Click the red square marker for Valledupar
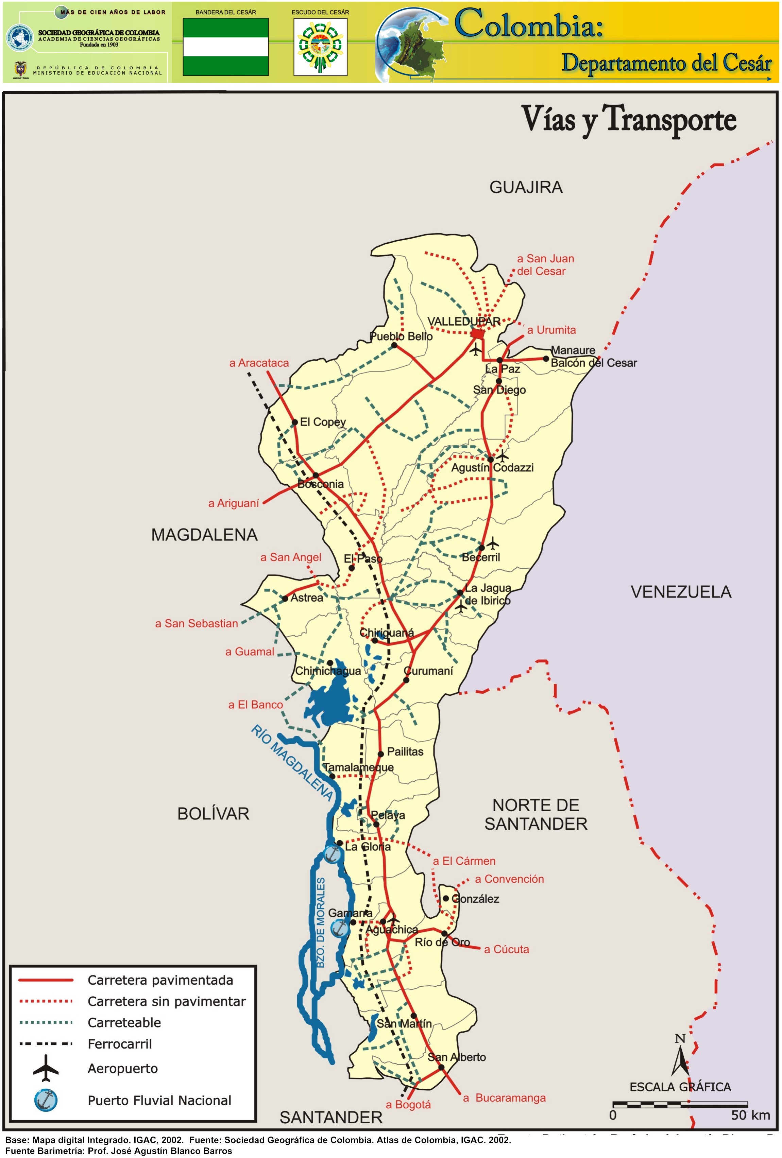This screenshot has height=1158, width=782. [x=477, y=333]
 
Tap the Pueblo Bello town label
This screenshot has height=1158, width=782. [x=401, y=336]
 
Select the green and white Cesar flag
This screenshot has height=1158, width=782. [x=225, y=47]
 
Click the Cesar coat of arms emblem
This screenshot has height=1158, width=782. [x=320, y=47]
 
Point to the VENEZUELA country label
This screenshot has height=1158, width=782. [x=681, y=592]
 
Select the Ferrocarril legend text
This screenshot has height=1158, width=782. [x=120, y=1044]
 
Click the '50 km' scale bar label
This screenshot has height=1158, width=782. [x=750, y=1115]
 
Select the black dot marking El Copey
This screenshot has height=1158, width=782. [x=294, y=422]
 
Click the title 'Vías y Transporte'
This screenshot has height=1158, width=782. [x=629, y=120]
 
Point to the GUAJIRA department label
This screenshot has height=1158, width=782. [x=526, y=187]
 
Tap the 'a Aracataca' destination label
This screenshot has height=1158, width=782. [x=259, y=363]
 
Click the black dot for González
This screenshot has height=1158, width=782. [x=446, y=898]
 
